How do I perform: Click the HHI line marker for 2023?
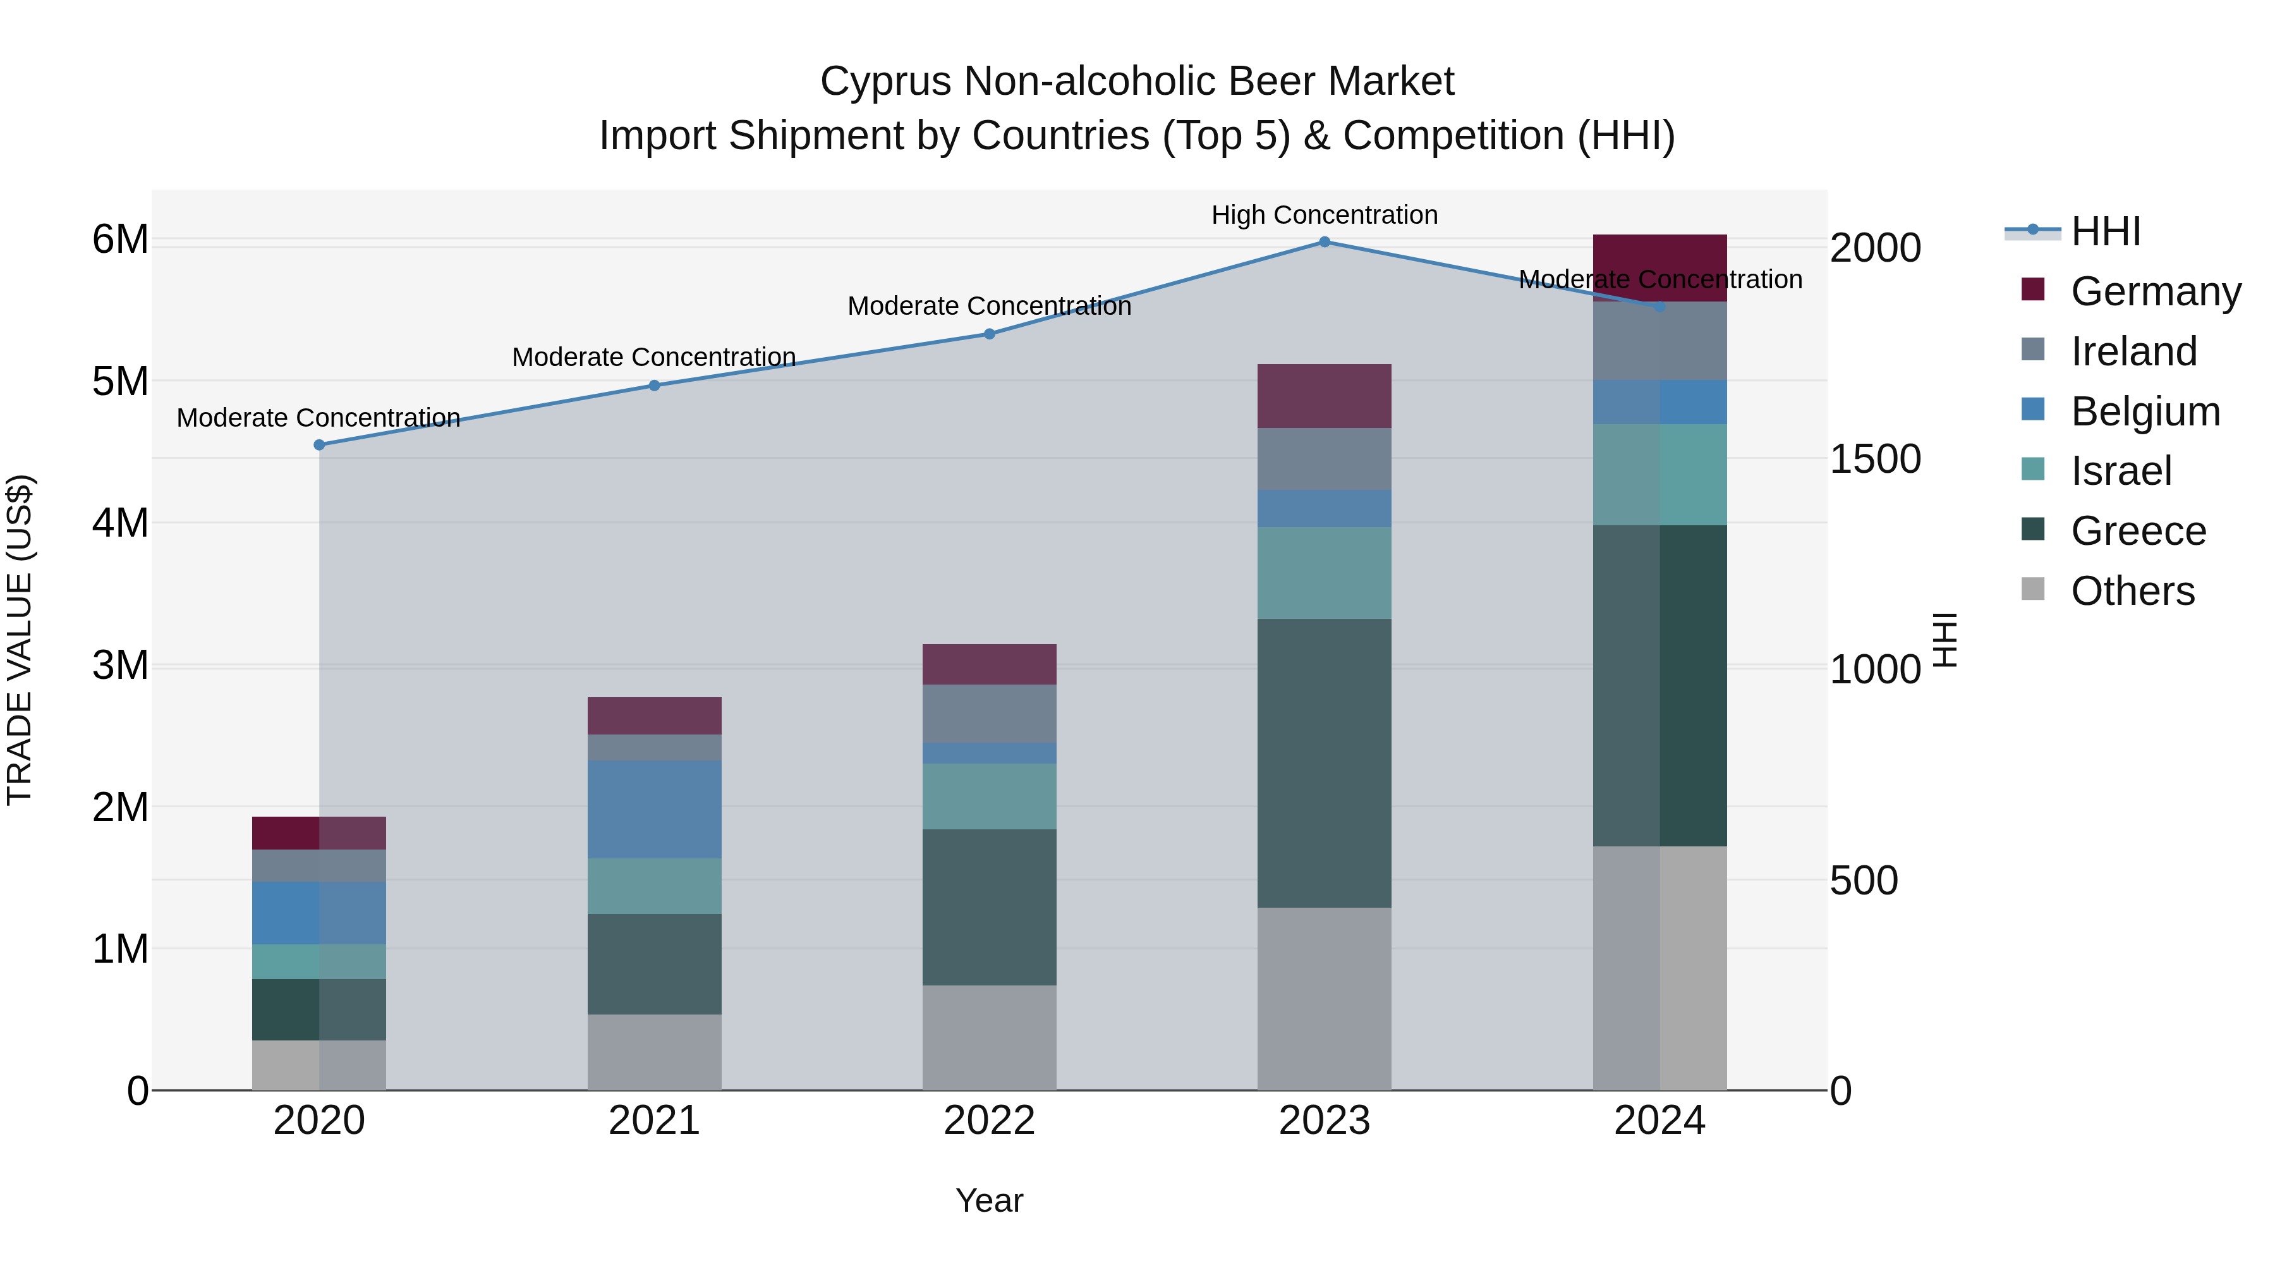click(x=1324, y=241)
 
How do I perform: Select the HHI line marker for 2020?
click(x=319, y=444)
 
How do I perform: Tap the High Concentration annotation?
click(x=1324, y=215)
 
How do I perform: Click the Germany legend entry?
click(x=2155, y=291)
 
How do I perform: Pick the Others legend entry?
click(x=2132, y=591)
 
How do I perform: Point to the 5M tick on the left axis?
click(x=120, y=382)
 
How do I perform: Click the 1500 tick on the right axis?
click(x=1874, y=458)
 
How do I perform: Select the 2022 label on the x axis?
click(x=989, y=1121)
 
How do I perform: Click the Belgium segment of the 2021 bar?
click(x=655, y=808)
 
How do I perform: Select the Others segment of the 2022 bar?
click(x=989, y=1037)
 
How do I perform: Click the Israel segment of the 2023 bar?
click(x=1324, y=573)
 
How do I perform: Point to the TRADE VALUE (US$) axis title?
click(x=20, y=640)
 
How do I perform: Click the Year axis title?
click(x=989, y=1200)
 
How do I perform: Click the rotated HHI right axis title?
click(x=1944, y=640)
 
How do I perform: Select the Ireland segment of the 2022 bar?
click(x=989, y=713)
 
